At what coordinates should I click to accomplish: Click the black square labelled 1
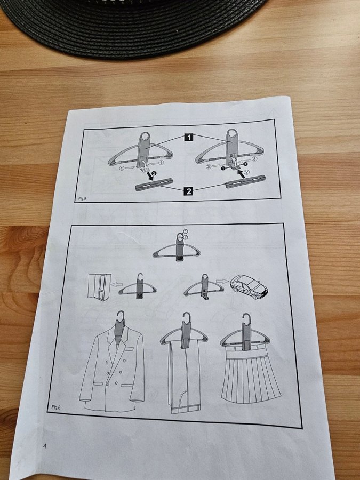pyautogui.click(x=189, y=137)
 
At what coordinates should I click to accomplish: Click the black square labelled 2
pyautogui.click(x=189, y=191)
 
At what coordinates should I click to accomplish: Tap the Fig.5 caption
pyautogui.click(x=82, y=199)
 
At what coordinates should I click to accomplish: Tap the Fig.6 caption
pyautogui.click(x=55, y=407)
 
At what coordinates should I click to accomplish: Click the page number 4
pyautogui.click(x=44, y=446)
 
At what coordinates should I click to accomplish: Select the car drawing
pyautogui.click(x=249, y=286)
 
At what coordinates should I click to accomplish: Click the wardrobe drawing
pyautogui.click(x=99, y=287)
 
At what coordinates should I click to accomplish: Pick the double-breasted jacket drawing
pyautogui.click(x=112, y=367)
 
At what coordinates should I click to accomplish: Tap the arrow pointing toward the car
pyautogui.click(x=222, y=281)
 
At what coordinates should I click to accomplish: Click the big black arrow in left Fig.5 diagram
pyautogui.click(x=150, y=176)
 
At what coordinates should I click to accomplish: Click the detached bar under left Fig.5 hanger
pyautogui.click(x=154, y=185)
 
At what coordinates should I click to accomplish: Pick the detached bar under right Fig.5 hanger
pyautogui.click(x=245, y=182)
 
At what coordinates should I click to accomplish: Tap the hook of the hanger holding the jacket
pyautogui.click(x=121, y=316)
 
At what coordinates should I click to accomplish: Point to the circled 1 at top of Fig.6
pyautogui.click(x=186, y=231)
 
